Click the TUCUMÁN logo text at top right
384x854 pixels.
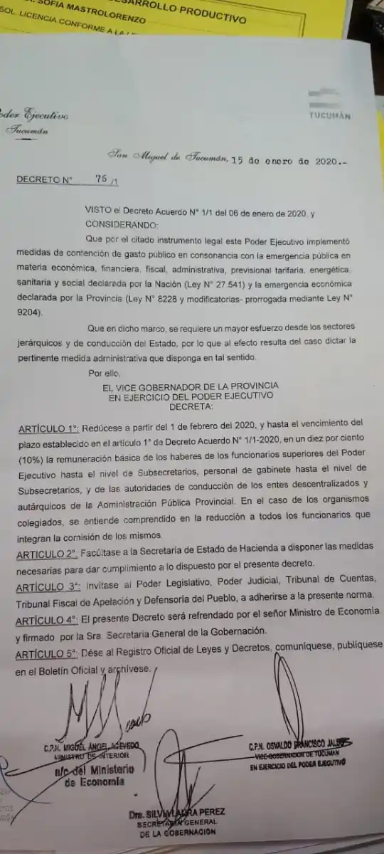point(330,116)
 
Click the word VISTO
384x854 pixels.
point(99,212)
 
